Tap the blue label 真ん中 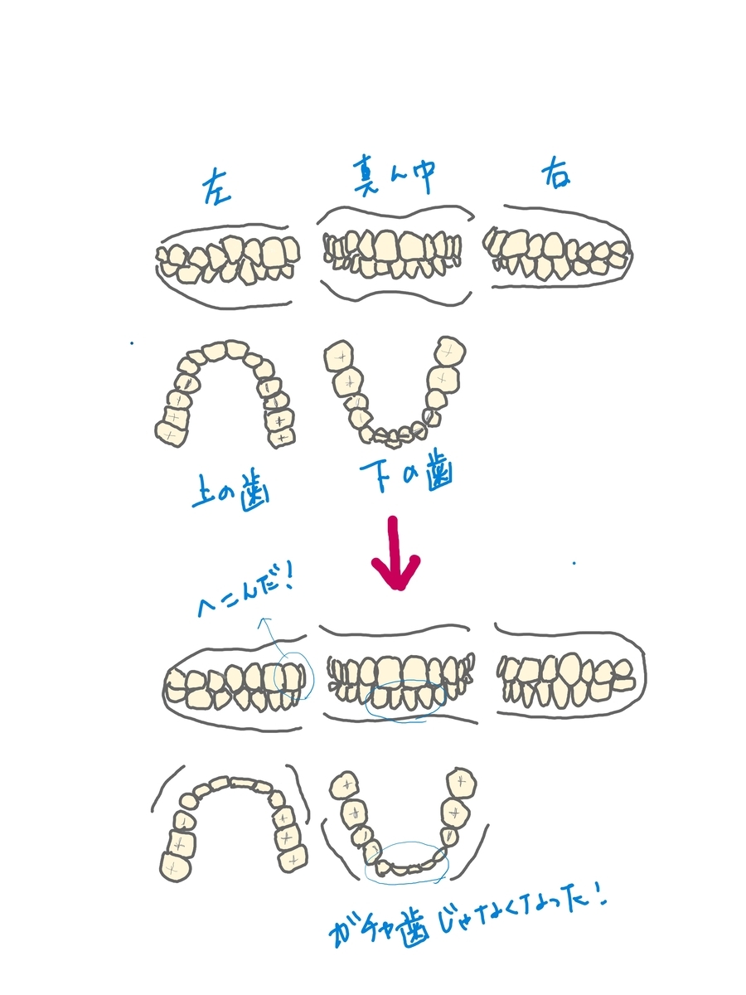tap(394, 175)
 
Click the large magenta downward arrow tap(396, 553)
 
